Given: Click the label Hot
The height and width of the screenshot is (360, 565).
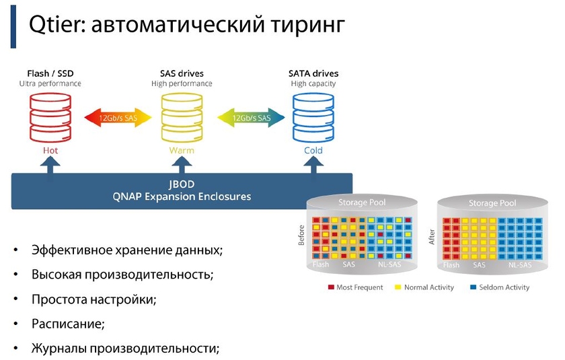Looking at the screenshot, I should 50,151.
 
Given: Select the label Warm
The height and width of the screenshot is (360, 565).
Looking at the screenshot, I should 182,151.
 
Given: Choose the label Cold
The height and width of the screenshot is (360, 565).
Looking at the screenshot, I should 313,151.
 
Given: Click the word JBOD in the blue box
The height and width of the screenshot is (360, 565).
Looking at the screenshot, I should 181,184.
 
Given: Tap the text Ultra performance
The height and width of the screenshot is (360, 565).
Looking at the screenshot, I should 50,84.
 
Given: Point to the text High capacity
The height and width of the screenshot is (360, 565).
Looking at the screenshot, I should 313,84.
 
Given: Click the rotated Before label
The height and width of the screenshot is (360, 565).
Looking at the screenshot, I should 301,236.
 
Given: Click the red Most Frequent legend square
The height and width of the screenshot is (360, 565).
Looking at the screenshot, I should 331,287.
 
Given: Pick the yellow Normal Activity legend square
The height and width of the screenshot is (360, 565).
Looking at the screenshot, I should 398,287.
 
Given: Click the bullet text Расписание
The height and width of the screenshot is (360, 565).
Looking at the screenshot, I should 68,324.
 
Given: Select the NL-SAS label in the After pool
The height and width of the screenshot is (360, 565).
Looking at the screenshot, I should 520,265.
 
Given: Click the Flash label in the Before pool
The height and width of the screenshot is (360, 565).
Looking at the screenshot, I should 321,265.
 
